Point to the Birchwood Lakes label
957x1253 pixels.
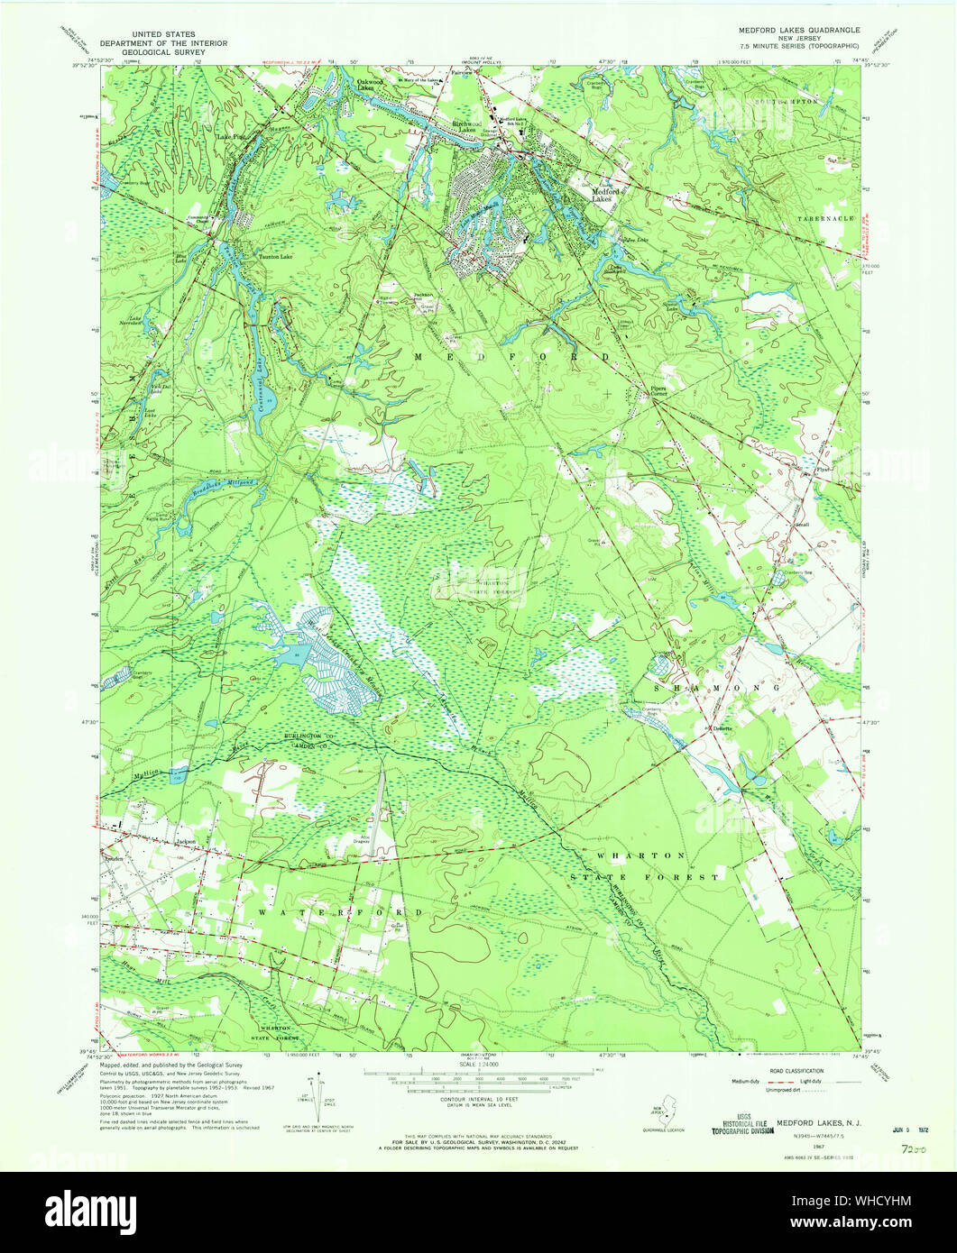(466, 127)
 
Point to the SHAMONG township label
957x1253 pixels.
(713, 687)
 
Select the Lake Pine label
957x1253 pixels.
(230, 137)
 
